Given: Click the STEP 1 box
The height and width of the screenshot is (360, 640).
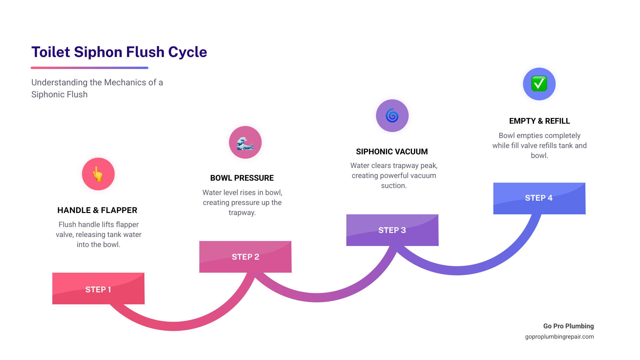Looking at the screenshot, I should tap(98, 289).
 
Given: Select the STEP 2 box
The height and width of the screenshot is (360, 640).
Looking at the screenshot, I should tap(245, 257).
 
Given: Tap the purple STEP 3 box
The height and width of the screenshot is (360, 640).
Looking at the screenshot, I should tap(392, 230).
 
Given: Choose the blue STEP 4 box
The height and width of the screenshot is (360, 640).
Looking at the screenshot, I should tap(539, 198).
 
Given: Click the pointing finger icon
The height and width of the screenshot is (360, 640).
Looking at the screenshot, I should tap(98, 174).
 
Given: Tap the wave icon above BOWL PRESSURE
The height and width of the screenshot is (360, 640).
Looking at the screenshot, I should tap(245, 143).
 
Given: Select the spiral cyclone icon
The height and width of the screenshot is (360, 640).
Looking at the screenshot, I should tap(392, 116).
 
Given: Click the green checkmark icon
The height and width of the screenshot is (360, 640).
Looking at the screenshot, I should tap(539, 84).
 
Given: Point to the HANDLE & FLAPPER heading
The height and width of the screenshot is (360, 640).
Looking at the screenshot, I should tap(97, 210).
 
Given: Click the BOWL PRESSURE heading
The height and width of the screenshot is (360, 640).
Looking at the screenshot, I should tap(242, 178).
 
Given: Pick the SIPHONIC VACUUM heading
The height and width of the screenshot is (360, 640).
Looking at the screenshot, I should tap(392, 152).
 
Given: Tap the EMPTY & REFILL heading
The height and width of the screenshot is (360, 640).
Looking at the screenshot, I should tap(539, 121).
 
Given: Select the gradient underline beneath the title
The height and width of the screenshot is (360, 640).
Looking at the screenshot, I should tap(89, 68).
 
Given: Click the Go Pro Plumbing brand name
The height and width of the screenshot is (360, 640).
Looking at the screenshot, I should tap(568, 326).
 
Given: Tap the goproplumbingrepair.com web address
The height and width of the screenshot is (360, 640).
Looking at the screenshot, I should tap(559, 337).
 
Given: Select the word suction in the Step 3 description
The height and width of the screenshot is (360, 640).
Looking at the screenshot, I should tap(394, 186).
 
